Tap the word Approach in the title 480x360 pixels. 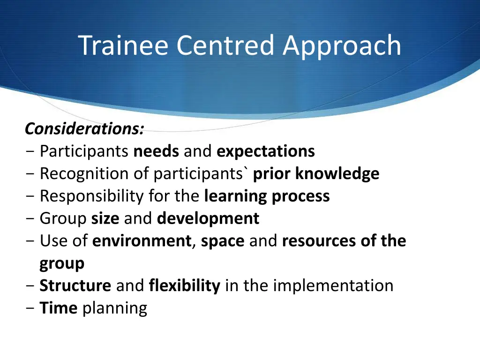tap(342, 46)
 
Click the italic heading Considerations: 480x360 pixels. tap(84, 128)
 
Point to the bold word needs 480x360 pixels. tap(156, 151)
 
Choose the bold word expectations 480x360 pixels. tap(266, 151)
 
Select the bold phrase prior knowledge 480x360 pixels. tap(316, 174)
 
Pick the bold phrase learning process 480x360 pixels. tap(267, 196)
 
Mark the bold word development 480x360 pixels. tap(208, 218)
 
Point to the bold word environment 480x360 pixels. tap(142, 241)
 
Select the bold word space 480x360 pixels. tap(223, 241)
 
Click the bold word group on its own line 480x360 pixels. tap(62, 263)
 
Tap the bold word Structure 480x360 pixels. tap(75, 285)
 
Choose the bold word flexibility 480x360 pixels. tap(184, 285)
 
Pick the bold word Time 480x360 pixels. tap(58, 308)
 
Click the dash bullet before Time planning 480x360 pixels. tap(30, 308)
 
